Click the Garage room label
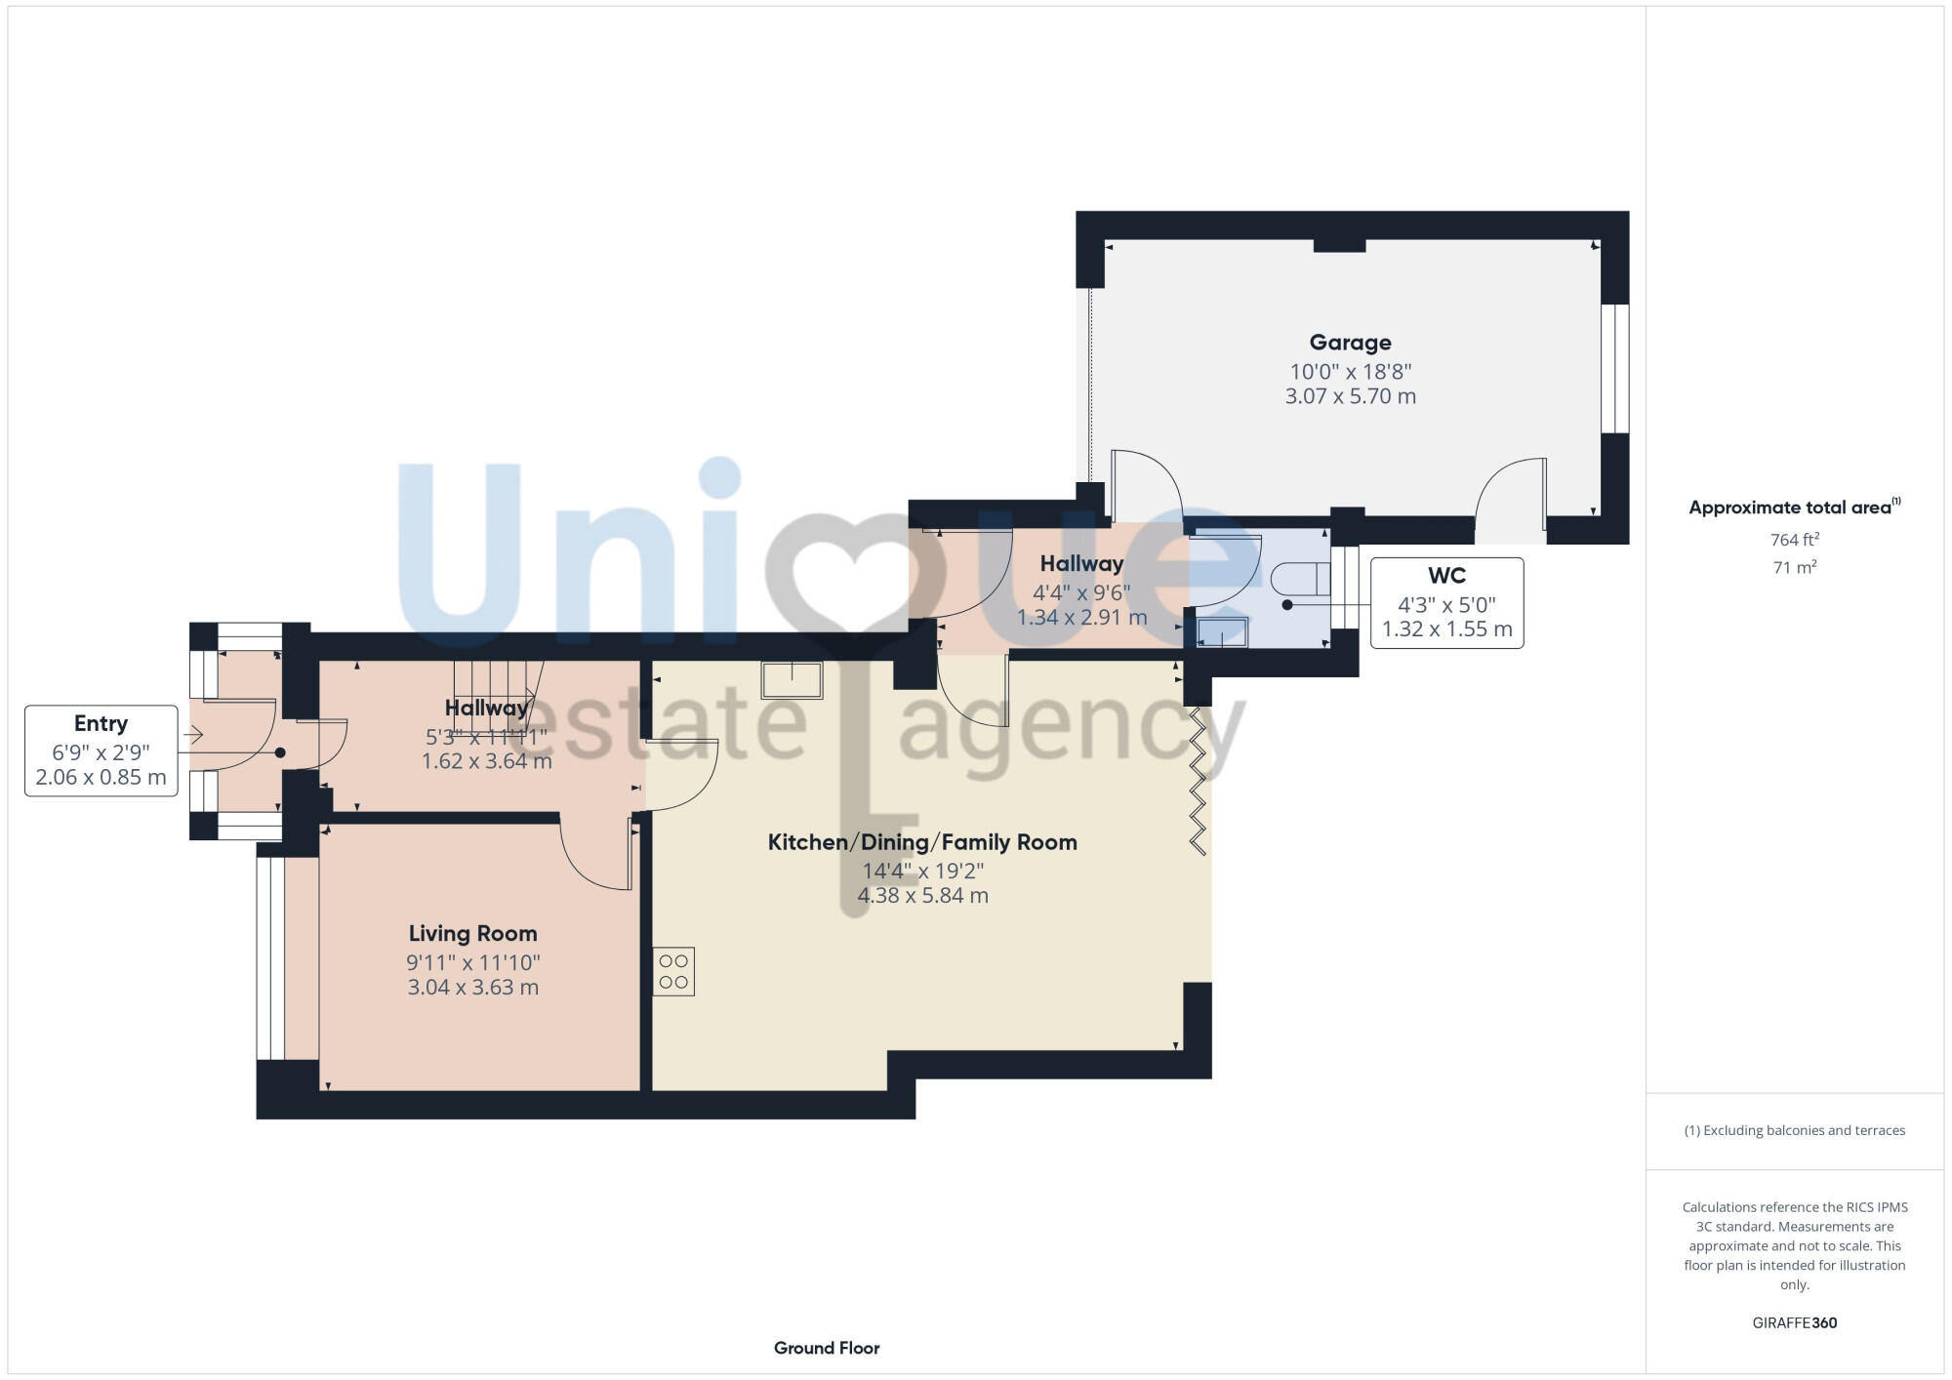[x=1350, y=343]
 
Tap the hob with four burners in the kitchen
[x=673, y=971]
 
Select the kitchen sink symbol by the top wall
[x=792, y=680]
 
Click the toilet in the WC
[x=1301, y=579]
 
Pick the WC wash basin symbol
[x=1222, y=632]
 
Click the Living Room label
[x=472, y=934]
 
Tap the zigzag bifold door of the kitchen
[x=1198, y=781]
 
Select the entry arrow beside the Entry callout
[x=193, y=735]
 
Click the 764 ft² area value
[x=1794, y=540]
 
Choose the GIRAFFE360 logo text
[x=1794, y=1323]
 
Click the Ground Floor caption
[x=827, y=1348]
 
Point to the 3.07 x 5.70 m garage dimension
[x=1350, y=396]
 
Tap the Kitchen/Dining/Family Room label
[x=922, y=842]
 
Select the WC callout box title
[x=1446, y=576]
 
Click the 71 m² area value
[x=1794, y=567]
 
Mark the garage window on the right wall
[x=1614, y=368]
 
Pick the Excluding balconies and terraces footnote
[x=1794, y=1130]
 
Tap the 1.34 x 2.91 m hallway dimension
[x=1081, y=618]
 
